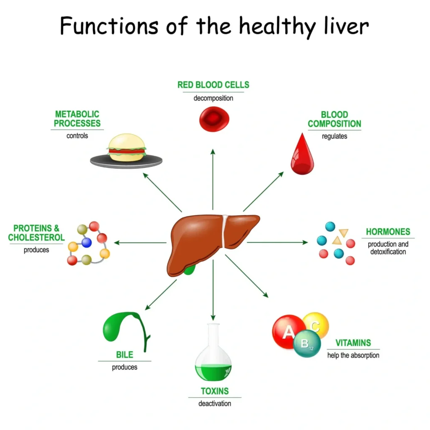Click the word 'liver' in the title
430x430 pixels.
346,26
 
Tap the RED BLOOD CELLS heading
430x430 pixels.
213,85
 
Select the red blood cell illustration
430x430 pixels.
214,119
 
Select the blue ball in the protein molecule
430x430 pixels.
87,242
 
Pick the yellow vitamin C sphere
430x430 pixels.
317,325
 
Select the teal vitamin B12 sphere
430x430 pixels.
307,343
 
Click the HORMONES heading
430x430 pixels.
388,232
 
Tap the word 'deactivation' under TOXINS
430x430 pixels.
215,404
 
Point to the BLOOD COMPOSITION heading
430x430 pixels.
334,119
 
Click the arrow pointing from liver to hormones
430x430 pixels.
277,242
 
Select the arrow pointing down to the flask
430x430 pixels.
213,290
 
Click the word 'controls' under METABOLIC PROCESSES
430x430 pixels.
77,136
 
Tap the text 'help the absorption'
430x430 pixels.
353,355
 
